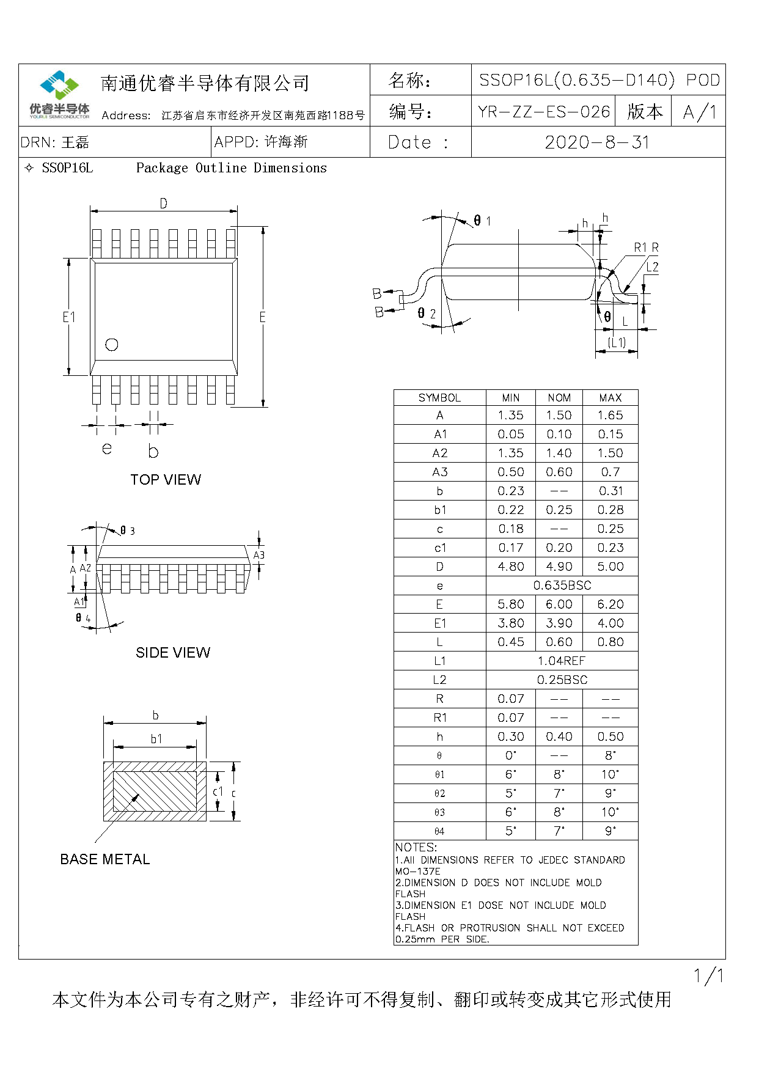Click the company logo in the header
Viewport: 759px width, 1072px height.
click(59, 94)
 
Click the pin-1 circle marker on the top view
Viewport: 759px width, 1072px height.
click(112, 345)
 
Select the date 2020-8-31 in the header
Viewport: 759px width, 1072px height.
click(597, 142)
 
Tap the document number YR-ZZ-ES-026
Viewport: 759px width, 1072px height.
click(544, 112)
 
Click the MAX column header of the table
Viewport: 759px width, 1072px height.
click(610, 398)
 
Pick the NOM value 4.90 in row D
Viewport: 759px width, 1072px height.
click(559, 567)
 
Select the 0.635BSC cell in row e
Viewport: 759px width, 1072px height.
click(562, 586)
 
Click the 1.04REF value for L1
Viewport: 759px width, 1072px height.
click(562, 661)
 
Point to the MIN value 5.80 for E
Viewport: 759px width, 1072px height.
click(511, 604)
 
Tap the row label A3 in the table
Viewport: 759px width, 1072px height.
click(440, 472)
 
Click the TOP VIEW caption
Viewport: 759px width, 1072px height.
click(166, 480)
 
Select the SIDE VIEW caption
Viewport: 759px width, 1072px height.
click(173, 653)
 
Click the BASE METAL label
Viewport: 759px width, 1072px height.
click(105, 859)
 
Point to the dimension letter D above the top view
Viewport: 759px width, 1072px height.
click(163, 204)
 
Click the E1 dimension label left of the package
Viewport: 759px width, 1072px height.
click(69, 317)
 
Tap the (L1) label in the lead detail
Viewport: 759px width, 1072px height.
click(617, 342)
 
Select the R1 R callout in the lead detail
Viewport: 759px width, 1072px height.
click(646, 248)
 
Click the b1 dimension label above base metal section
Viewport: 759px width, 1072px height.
click(156, 739)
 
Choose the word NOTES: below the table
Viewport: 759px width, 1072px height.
click(416, 848)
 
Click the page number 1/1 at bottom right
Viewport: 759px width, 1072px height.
click(709, 976)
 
